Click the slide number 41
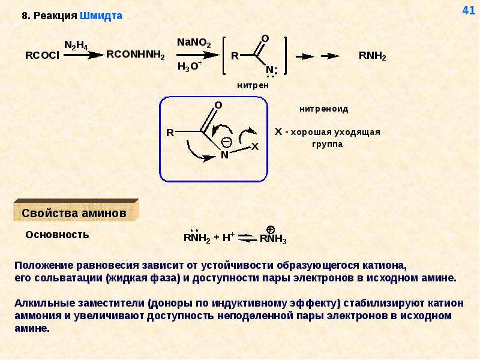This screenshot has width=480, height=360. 469,10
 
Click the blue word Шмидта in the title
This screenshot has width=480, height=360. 101,16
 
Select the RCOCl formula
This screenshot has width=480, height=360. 42,55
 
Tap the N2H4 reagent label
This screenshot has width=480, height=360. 76,46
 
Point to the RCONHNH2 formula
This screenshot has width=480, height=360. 136,55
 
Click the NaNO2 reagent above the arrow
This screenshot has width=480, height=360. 194,43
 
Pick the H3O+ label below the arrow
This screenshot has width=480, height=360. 190,66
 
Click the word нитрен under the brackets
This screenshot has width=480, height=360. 253,85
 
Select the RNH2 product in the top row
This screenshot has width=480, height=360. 372,56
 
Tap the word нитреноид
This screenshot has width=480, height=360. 324,109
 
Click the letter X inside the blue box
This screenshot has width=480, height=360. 254,146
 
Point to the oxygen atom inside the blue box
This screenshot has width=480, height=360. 218,106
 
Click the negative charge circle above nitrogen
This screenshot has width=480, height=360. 226,142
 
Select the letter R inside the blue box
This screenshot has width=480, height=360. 170,133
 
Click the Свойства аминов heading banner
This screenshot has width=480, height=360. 76,211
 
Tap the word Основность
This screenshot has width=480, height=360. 57,235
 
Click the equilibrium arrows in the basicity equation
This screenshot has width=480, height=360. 247,238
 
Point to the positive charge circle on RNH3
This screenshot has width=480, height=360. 271,230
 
